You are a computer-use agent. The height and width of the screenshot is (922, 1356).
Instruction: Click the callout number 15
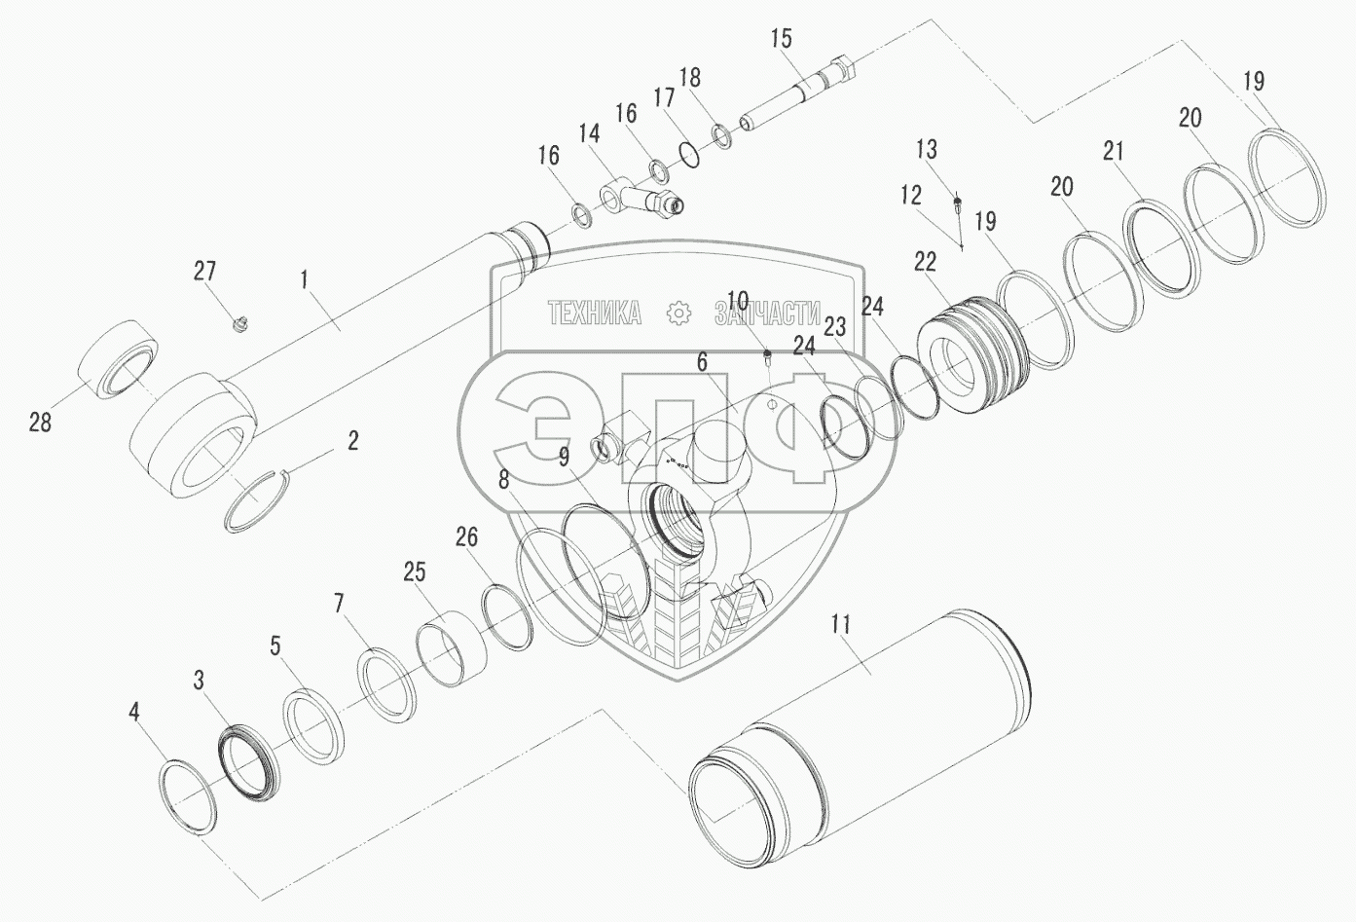pyautogui.click(x=782, y=39)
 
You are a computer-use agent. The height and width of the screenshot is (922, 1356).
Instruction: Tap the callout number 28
pyautogui.click(x=40, y=422)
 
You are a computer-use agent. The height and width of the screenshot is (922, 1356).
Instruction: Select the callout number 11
pyautogui.click(x=841, y=624)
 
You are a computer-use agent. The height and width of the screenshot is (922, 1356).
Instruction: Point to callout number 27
pyautogui.click(x=204, y=271)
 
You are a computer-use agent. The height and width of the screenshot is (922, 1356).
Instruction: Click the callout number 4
pyautogui.click(x=134, y=712)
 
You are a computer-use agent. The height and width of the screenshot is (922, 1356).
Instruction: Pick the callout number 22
pyautogui.click(x=925, y=262)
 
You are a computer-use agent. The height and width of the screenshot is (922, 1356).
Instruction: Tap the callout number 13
pyautogui.click(x=926, y=149)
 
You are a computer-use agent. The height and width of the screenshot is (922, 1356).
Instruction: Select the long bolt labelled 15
pyautogui.click(x=798, y=93)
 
